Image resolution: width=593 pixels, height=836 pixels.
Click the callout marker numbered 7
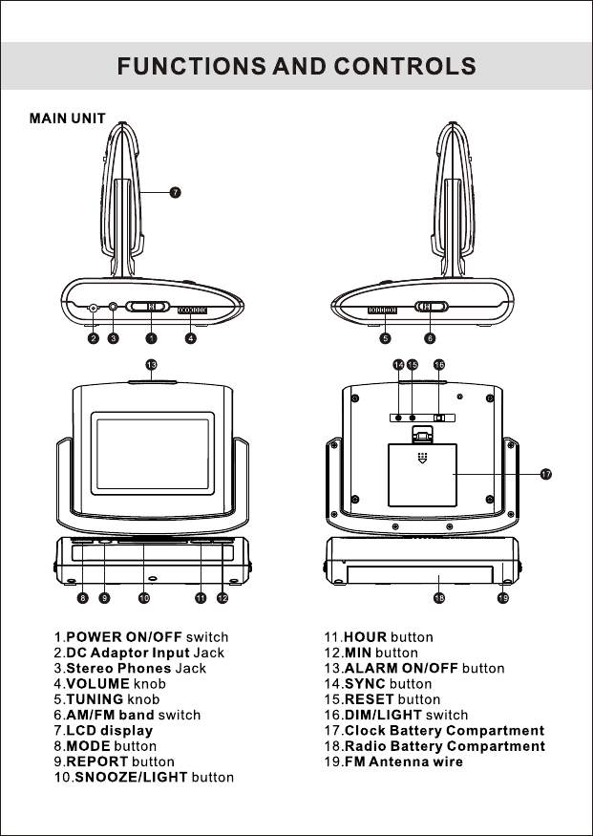tap(175, 192)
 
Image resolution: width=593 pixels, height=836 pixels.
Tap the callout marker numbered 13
tap(151, 365)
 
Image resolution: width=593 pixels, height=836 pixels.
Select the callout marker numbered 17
tap(545, 474)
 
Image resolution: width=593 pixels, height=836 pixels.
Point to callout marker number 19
tap(503, 598)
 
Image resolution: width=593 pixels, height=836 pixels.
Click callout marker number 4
tap(191, 338)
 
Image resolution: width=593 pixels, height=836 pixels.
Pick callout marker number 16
tap(439, 365)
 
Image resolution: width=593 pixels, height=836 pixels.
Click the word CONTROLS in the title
tap(405, 66)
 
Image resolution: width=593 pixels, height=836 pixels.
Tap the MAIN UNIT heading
tap(68, 118)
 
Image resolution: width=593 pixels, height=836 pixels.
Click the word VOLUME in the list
tap(98, 683)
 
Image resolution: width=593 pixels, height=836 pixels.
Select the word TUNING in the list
tap(95, 699)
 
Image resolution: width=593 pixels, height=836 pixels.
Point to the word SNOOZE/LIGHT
tap(131, 777)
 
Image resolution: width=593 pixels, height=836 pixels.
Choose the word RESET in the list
tap(370, 699)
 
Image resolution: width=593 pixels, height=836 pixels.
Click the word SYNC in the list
tap(365, 683)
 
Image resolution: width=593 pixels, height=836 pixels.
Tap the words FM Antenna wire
tap(404, 761)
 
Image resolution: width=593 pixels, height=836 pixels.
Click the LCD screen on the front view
tap(153, 453)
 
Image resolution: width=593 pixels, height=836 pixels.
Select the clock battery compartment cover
tap(422, 475)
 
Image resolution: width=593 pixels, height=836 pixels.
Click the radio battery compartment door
tap(420, 575)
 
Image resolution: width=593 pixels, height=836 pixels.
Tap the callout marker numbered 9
tap(104, 598)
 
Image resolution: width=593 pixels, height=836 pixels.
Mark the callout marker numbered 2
tap(94, 338)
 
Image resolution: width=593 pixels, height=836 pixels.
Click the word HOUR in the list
tap(366, 637)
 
